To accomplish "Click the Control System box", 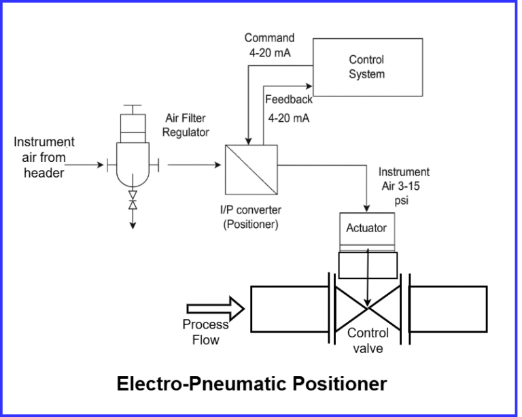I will click(x=366, y=67).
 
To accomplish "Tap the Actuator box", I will click(x=366, y=228).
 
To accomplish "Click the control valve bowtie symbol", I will click(x=367, y=308).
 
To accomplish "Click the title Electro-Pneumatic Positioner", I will click(x=251, y=383).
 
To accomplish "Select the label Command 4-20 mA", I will click(x=269, y=45).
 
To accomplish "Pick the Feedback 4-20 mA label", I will click(x=288, y=108).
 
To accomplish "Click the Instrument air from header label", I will click(x=44, y=157).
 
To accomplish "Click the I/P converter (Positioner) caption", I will click(x=251, y=217).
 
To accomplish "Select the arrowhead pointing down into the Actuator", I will click(x=367, y=207).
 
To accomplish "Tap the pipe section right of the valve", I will click(x=448, y=307).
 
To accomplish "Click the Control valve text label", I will click(x=368, y=341).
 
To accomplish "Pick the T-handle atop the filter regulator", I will click(x=133, y=108).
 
